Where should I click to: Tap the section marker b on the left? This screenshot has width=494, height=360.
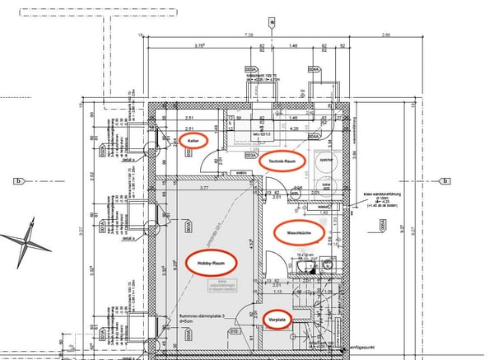click(17, 180)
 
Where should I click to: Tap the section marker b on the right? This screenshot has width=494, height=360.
click(444, 181)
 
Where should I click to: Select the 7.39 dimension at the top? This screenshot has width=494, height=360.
click(249, 36)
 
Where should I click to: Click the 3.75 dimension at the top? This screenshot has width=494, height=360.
click(198, 47)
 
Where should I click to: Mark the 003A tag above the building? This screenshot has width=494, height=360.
click(250, 69)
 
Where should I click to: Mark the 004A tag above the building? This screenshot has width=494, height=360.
click(314, 69)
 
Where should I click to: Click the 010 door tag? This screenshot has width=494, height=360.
click(235, 333)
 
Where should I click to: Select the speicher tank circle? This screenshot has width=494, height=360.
click(325, 161)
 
